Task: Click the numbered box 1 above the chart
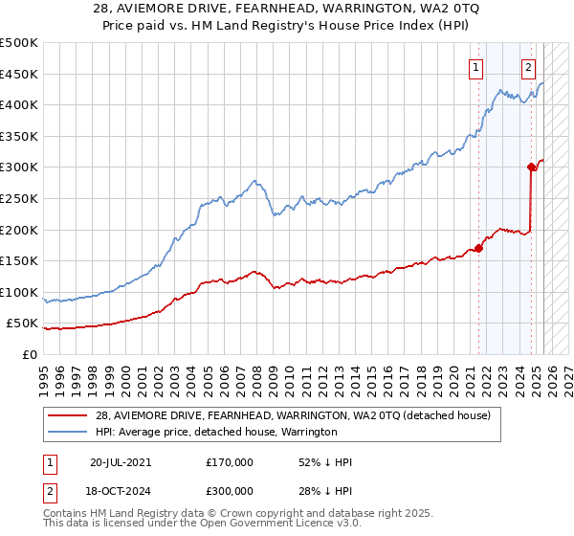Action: [475, 67]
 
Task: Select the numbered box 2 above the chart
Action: [527, 67]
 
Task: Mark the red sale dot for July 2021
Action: [478, 248]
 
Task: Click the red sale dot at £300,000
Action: [531, 167]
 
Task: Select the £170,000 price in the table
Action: [230, 461]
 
